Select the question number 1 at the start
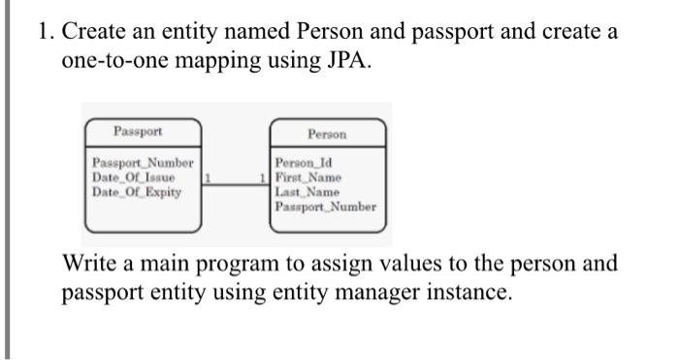(44, 31)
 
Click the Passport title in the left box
(138, 131)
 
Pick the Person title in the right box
(327, 134)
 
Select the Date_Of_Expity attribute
(136, 191)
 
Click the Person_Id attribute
(304, 164)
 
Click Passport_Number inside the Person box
(325, 206)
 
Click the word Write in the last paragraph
(88, 264)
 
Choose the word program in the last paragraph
(248, 264)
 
